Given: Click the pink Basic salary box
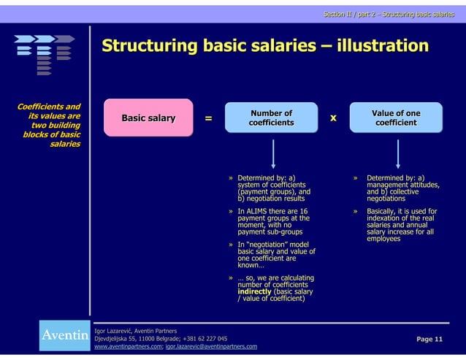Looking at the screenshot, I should click(x=148, y=118).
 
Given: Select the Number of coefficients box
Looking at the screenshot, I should click(x=271, y=118).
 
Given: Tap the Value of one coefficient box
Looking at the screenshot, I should click(x=396, y=118).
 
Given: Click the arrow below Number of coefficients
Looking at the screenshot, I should click(x=272, y=154).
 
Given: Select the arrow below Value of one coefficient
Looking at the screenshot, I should click(x=397, y=154).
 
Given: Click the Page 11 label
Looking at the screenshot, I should click(x=429, y=340).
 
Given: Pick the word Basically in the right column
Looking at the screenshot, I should click(x=382, y=211).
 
